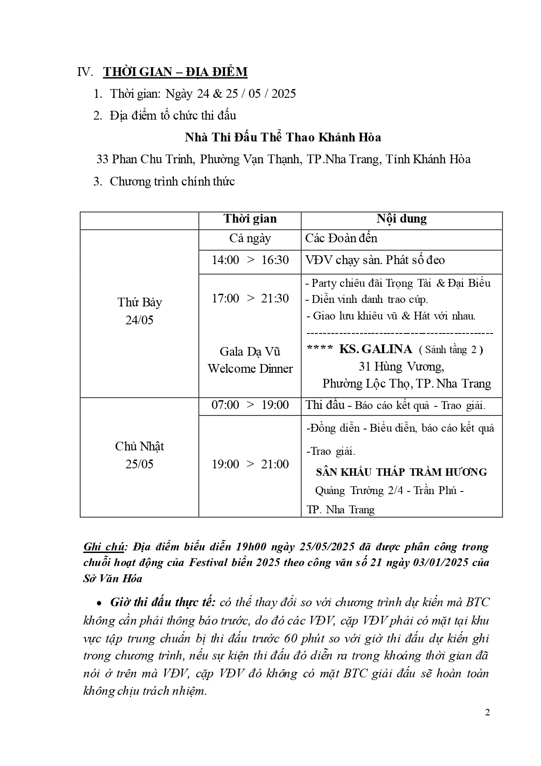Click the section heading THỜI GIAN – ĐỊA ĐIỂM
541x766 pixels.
point(175,72)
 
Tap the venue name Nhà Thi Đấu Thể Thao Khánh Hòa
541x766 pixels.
point(283,137)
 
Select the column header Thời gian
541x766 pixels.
point(250,219)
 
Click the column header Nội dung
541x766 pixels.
point(401,219)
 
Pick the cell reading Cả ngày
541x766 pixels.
point(250,238)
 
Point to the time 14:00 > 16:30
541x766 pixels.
point(250,260)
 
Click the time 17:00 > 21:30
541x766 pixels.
point(250,299)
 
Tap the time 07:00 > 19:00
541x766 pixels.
point(250,405)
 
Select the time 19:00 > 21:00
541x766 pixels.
point(250,464)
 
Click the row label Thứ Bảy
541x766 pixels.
point(140,302)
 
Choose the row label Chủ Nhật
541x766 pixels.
point(140,447)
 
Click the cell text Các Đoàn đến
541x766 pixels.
point(341,238)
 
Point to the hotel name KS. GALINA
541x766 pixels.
point(375,349)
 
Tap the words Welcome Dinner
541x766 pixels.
point(250,369)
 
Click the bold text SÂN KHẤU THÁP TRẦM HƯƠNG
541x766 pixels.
point(401,472)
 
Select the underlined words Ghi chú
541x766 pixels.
point(105,547)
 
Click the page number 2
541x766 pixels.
point(487,713)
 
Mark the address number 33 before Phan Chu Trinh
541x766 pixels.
point(102,159)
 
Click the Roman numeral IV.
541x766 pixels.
point(85,72)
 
